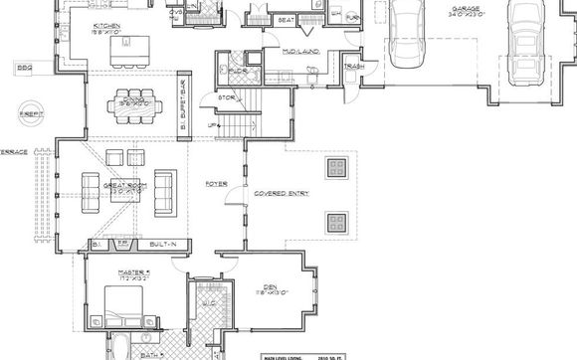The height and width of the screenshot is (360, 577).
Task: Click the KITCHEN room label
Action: [106, 27]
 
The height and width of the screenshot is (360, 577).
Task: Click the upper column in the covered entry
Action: [335, 165]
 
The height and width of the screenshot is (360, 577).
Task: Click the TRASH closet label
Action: [351, 67]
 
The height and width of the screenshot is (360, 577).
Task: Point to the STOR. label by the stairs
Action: [226, 98]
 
